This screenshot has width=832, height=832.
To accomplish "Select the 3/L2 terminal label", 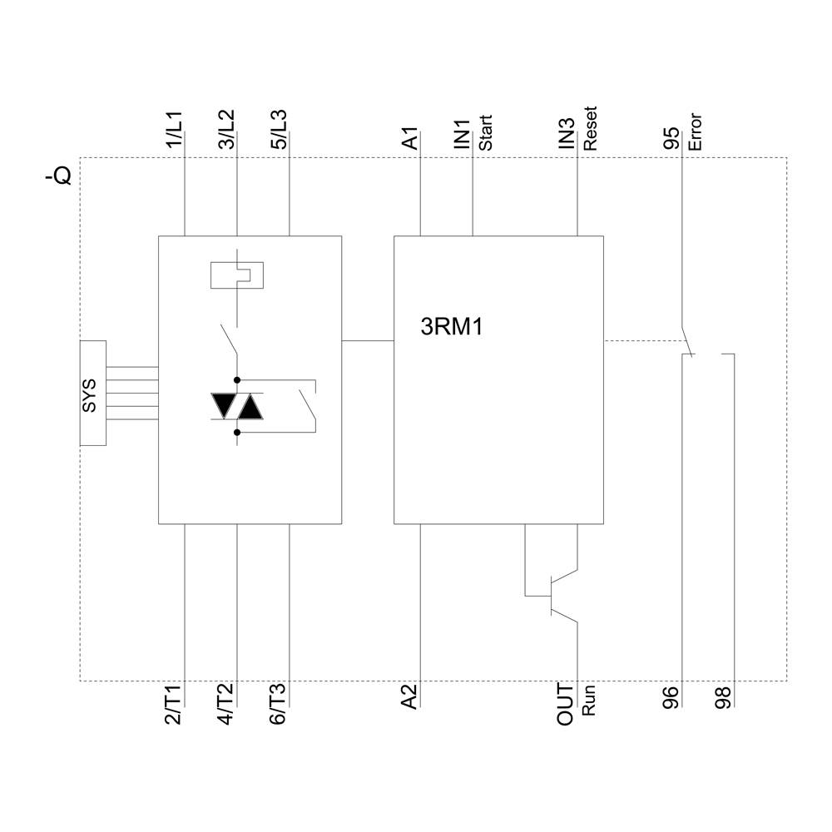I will click(226, 131).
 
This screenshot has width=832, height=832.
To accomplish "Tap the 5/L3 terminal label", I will click(279, 131).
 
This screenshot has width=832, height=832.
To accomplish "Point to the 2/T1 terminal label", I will click(174, 706).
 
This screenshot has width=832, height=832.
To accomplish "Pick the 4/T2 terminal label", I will click(226, 706).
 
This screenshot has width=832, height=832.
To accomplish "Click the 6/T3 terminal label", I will click(279, 706).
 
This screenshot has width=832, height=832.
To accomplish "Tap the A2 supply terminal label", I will click(410, 696).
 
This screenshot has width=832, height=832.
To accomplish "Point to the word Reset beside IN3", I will click(591, 129).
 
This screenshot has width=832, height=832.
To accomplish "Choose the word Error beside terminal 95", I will click(696, 131).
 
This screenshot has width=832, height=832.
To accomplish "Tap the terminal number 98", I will click(724, 696).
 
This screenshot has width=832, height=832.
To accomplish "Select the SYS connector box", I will click(92, 393).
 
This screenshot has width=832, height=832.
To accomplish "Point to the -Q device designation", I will click(58, 176).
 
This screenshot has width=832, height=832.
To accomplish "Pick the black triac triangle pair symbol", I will click(237, 406).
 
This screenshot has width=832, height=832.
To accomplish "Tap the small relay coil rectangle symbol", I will click(238, 274).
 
